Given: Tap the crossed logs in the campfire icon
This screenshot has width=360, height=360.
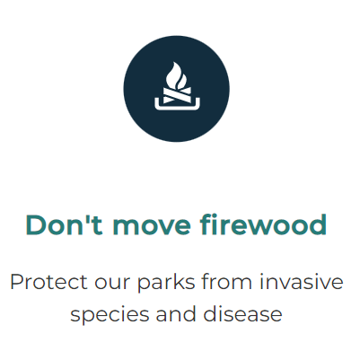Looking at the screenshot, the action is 177,95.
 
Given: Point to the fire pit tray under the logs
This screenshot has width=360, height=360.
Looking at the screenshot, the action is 177,105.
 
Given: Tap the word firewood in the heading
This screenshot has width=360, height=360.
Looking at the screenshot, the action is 263,224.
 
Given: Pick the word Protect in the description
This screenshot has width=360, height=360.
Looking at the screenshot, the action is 48,282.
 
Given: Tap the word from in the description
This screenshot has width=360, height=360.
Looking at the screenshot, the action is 226,282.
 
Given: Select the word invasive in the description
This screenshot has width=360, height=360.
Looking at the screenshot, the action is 301,282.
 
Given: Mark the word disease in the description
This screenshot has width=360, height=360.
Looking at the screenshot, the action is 242,313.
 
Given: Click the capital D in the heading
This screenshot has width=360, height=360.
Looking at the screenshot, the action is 37,224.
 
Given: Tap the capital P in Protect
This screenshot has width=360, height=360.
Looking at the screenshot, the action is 17,282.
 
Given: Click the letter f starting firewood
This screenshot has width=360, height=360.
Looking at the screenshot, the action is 206,224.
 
